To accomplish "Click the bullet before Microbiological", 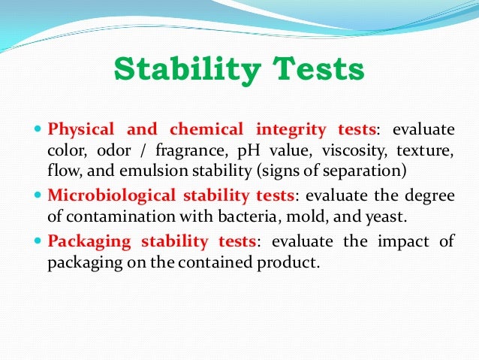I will pyautogui.click(x=40, y=195).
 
